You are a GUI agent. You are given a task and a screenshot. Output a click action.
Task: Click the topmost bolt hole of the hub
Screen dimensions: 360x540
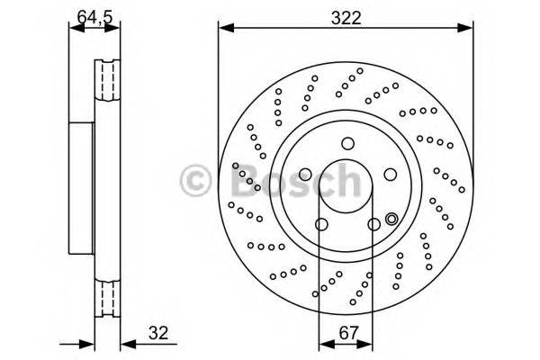point(346,142)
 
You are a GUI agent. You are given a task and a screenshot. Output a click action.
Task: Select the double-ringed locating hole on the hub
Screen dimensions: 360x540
point(391,218)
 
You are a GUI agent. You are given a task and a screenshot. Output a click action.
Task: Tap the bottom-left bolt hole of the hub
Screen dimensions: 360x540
point(319,224)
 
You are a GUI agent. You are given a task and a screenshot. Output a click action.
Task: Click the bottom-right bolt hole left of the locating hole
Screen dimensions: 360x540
point(372,224)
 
